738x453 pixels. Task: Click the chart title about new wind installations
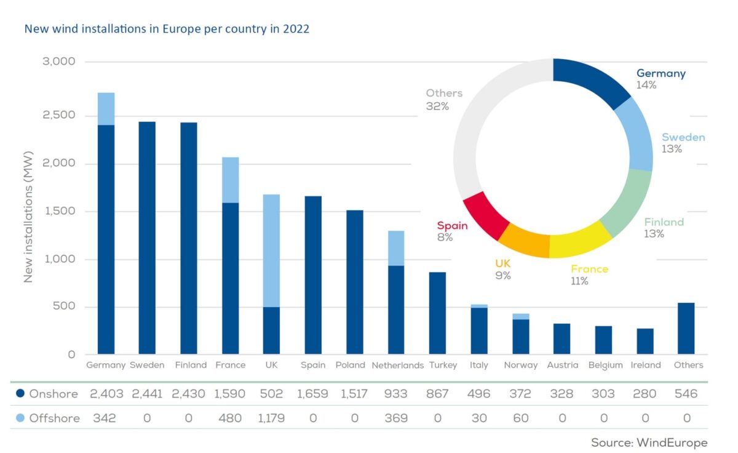(x=167, y=29)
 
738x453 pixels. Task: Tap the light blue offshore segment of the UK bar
(x=271, y=251)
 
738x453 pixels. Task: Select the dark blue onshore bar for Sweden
(x=147, y=238)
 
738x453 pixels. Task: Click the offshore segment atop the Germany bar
(x=106, y=109)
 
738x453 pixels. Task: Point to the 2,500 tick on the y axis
(x=59, y=115)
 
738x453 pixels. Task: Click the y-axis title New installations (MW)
(x=29, y=217)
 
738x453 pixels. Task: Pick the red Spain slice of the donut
(x=486, y=215)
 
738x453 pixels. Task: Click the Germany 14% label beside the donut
(x=661, y=79)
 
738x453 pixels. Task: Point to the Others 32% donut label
(x=444, y=100)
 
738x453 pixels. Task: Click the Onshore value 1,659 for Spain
(x=312, y=394)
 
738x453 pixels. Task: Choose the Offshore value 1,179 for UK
(x=271, y=418)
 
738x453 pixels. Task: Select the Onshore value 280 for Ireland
(x=645, y=394)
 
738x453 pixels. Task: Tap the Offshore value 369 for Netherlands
(x=396, y=418)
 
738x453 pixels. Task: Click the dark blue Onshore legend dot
(x=20, y=393)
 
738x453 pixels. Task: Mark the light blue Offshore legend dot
(x=20, y=418)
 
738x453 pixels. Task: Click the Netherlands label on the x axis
(x=398, y=366)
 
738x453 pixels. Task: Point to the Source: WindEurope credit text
(x=649, y=443)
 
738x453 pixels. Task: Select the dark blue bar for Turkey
(x=437, y=313)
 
